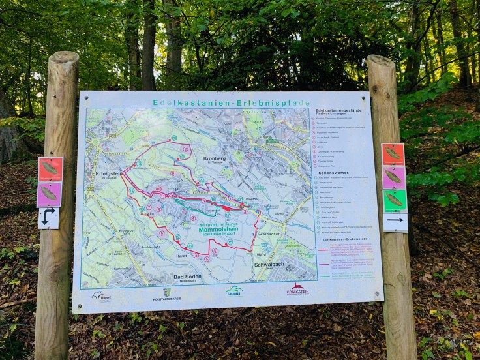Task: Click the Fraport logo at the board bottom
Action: pos(101,295)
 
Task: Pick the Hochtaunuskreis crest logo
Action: pos(166,294)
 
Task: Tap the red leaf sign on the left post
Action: pos(50,168)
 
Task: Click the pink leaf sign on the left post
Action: pos(50,194)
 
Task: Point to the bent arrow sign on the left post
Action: pos(48,217)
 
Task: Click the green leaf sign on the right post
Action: pos(394,200)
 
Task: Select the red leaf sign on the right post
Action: pos(393,155)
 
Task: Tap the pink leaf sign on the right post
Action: pos(393,177)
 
